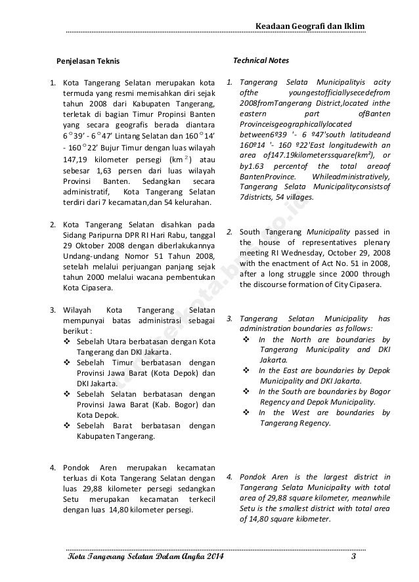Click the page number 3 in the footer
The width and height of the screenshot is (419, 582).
pos(353,558)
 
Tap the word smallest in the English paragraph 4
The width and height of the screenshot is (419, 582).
pos(290,509)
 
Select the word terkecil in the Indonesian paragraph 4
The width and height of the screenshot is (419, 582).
pos(200,497)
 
